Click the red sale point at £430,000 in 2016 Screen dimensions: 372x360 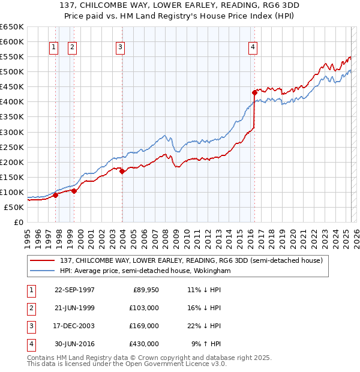tap(254, 92)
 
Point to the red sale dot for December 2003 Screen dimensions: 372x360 tap(122, 171)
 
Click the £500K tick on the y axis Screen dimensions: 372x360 tap(11, 72)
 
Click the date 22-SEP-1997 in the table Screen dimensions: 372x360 tap(74, 290)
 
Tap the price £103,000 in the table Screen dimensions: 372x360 tap(145, 308)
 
